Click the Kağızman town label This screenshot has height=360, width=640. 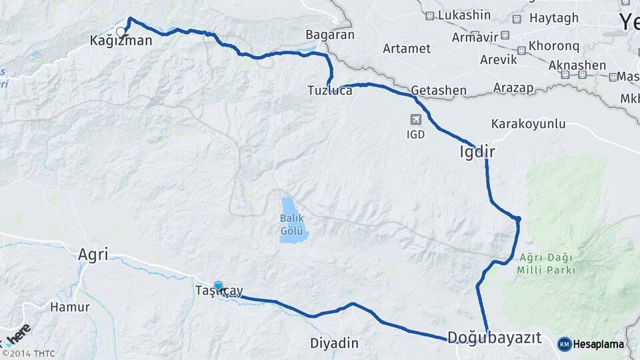coord(121,41)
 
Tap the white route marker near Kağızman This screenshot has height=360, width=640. coord(121,31)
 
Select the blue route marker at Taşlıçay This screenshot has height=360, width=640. coord(218,286)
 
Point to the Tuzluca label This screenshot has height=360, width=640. coord(329,90)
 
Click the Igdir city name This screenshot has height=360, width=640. coord(477,152)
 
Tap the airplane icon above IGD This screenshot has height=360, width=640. coord(416,119)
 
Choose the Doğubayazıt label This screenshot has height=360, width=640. coord(494,337)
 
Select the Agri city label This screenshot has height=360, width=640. coord(93,254)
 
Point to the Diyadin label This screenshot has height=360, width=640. coord(334,343)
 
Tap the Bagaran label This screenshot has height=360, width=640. coord(329,35)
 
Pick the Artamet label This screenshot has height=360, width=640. coord(407,49)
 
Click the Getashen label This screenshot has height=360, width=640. coord(434,89)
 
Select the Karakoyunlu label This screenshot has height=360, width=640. coord(528,124)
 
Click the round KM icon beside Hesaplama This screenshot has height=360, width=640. coord(564,344)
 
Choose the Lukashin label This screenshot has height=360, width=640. coord(467,15)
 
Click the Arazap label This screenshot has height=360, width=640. coord(515,88)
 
